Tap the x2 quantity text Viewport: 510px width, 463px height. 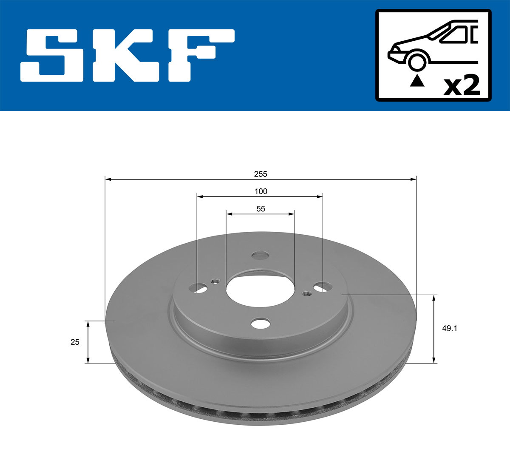(x=462, y=86)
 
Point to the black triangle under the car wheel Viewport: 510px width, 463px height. (x=417, y=80)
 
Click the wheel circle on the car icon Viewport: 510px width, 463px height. (x=417, y=61)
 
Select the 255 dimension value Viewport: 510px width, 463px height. (x=261, y=174)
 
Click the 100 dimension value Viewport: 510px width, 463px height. (x=261, y=191)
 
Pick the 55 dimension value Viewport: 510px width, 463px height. (x=261, y=209)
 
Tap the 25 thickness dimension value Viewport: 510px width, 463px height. (x=75, y=342)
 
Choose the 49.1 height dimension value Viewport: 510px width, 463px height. (x=450, y=328)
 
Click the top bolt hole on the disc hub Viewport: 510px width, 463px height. (x=260, y=255)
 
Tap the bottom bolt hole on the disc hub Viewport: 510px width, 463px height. (x=260, y=323)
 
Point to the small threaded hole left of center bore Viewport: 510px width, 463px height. (x=215, y=281)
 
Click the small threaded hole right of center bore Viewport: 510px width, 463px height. (x=306, y=293)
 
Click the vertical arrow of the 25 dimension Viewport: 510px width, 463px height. (x=88, y=342)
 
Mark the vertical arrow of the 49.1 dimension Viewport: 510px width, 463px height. (x=434, y=329)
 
